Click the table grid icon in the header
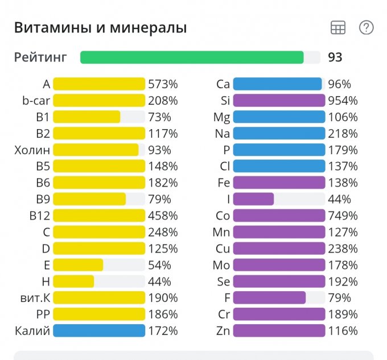338,27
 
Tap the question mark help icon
366,27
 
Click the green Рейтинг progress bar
192,57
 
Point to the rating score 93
335,57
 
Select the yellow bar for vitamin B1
87,117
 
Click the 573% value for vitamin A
163,84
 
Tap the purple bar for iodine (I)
253,199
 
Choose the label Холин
32,150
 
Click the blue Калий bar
99,330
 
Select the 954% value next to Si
343,101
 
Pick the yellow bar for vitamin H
73,282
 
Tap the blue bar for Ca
277,84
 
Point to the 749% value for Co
343,216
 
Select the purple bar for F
269,297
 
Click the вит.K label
35,297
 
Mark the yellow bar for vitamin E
78,265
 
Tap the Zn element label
223,330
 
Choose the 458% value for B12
163,216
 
